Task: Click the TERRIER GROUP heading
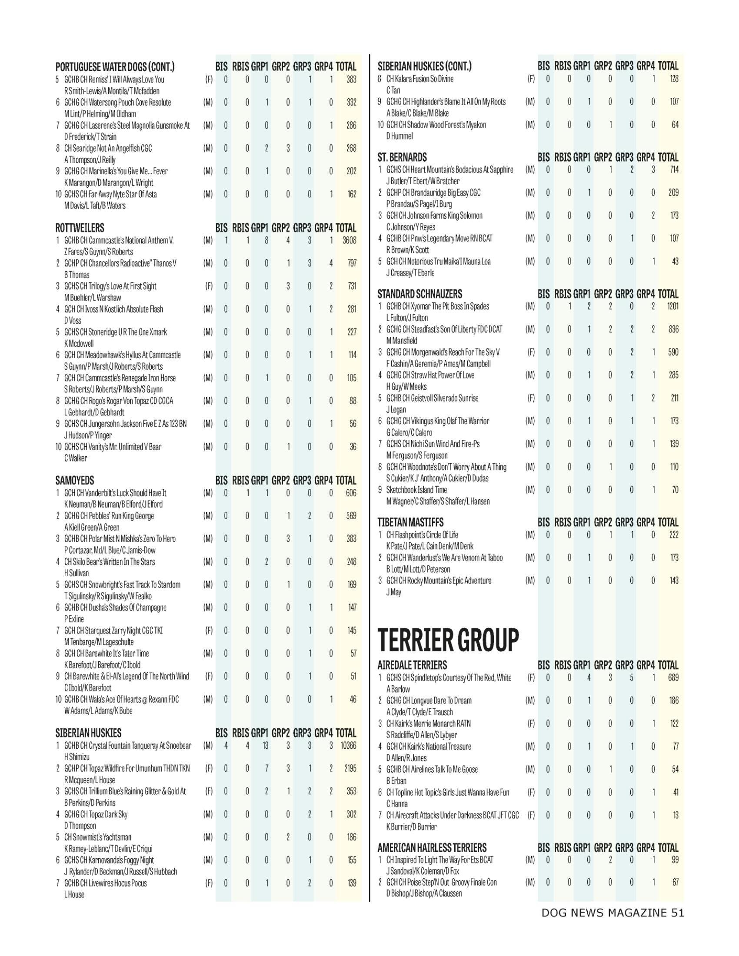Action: pyautogui.click(x=448, y=640)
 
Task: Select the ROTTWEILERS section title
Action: pyautogui.click(x=80, y=228)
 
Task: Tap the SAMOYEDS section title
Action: pyautogui.click(x=74, y=480)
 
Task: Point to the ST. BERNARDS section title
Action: pyautogui.click(x=402, y=157)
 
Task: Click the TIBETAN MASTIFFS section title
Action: pyautogui.click(x=410, y=522)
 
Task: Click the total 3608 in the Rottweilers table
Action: pyautogui.click(x=349, y=240)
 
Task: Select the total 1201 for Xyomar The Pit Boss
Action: pyautogui.click(x=672, y=306)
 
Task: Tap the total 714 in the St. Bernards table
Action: pyautogui.click(x=674, y=169)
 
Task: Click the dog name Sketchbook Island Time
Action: pyautogui.click(x=416, y=490)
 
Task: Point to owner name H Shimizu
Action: pyautogui.click(x=77, y=757)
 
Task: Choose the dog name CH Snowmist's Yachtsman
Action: pyautogui.click(x=98, y=837)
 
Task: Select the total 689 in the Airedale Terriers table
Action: pyautogui.click(x=673, y=677)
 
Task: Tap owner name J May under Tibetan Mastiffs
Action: pyautogui.click(x=393, y=592)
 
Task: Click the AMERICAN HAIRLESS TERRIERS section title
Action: pyautogui.click(x=432, y=847)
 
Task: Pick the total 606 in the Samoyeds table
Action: pyautogui.click(x=351, y=493)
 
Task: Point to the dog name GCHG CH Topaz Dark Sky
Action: pyautogui.click(x=96, y=814)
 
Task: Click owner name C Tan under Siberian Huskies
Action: pyautogui.click(x=393, y=90)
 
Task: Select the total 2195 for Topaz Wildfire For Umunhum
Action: pyautogui.click(x=350, y=768)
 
